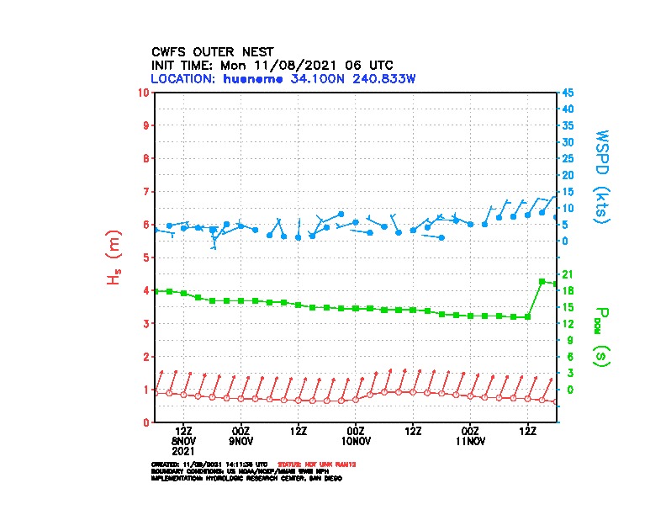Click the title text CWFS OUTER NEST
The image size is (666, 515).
[212, 51]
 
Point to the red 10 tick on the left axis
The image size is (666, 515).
[145, 92]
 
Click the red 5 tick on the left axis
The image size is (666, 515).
[147, 257]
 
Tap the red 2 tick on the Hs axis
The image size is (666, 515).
[147, 356]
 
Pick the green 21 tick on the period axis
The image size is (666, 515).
[568, 274]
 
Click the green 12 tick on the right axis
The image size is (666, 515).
[568, 323]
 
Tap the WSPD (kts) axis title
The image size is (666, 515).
[602, 175]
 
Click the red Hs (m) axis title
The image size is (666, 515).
[113, 257]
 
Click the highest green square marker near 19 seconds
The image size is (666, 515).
[542, 281]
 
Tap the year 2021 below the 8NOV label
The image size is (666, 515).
[184, 450]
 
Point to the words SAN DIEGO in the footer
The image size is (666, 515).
[324, 477]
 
